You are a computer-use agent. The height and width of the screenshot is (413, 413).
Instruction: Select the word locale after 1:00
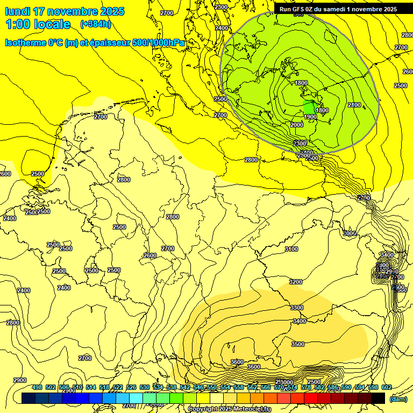tap(52, 24)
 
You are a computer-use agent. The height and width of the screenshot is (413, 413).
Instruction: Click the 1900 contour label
tap(310, 117)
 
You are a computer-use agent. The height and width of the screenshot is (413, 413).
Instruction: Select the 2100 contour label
tap(354, 105)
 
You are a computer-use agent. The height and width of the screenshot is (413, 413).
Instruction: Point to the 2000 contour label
tap(297, 125)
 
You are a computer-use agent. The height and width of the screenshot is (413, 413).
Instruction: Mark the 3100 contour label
tap(291, 249)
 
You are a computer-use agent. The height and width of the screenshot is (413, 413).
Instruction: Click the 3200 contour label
tap(296, 282)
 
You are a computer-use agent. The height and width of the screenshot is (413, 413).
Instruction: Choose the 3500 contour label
tap(297, 344)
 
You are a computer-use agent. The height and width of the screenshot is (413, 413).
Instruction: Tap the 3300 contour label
tap(297, 308)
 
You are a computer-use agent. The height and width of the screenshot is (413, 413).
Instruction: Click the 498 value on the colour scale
tap(37, 388)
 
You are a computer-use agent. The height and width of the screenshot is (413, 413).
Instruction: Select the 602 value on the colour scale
tap(387, 388)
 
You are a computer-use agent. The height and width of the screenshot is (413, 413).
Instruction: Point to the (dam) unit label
tap(398, 399)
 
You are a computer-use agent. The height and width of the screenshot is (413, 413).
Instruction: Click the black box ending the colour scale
tap(378, 398)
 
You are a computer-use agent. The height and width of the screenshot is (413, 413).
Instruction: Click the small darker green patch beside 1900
tap(308, 106)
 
